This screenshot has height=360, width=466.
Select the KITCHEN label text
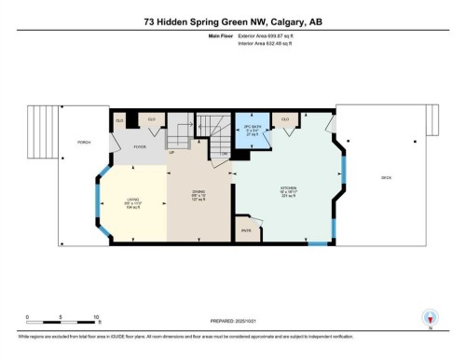288,187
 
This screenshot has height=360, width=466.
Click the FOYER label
139,146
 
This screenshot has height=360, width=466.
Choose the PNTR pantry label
247,229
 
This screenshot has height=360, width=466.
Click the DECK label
386,176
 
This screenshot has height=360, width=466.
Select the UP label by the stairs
171,151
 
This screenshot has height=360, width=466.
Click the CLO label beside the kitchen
285,119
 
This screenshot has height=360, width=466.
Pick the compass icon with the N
429,317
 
